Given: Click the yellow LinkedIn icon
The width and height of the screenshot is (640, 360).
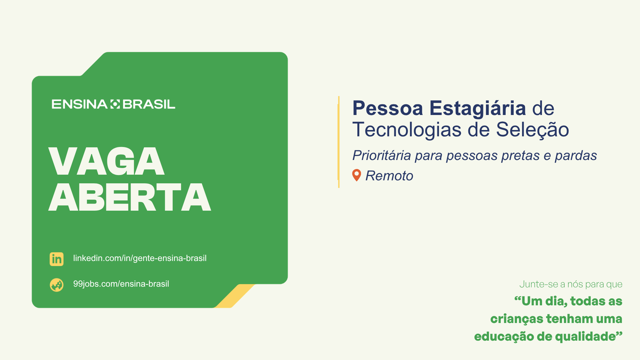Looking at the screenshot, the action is (x=57, y=259).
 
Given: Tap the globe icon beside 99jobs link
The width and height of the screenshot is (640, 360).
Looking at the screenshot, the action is (x=57, y=285).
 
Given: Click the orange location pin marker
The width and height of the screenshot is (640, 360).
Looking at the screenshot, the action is (x=357, y=175).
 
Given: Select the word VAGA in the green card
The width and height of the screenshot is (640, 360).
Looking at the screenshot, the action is (x=107, y=161).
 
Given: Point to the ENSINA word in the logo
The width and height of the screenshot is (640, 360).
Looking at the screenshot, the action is (x=79, y=104).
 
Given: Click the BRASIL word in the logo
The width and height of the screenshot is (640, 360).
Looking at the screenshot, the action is (x=149, y=104).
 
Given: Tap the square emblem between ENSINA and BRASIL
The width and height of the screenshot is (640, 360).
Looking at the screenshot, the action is (x=115, y=104).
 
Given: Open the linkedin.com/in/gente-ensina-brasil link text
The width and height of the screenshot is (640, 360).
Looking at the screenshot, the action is (x=140, y=258).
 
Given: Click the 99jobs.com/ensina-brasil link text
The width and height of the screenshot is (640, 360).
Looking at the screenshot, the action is (x=121, y=284).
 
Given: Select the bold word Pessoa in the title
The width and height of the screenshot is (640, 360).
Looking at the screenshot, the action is (x=388, y=108).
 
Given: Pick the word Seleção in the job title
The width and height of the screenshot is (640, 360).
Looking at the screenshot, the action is (x=532, y=130).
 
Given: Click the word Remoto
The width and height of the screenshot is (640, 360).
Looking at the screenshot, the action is (x=389, y=176).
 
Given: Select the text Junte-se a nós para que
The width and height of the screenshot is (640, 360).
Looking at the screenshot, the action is (x=571, y=284).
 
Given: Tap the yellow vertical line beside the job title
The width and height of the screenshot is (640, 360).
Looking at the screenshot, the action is (x=339, y=142).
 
